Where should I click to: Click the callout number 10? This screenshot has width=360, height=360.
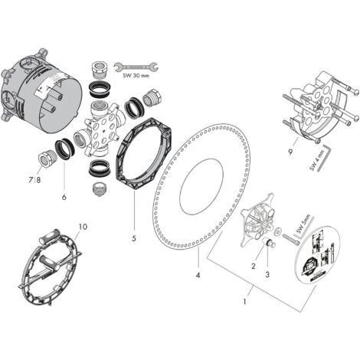[x=83, y=227]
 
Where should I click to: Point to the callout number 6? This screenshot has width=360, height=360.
[x=64, y=197]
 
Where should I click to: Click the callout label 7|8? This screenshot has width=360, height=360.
[x=31, y=180]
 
